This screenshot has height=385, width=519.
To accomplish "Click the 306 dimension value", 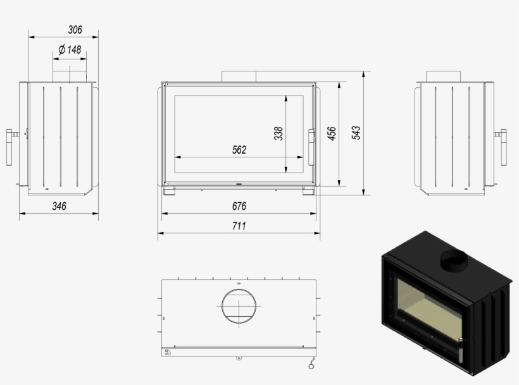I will tap(75, 30).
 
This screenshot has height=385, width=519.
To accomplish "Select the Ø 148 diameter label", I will tap(70, 49).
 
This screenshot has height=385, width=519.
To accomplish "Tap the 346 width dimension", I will tap(59, 206).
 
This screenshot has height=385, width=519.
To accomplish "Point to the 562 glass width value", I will tap(239, 150).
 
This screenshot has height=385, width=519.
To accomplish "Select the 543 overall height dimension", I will tap(356, 133).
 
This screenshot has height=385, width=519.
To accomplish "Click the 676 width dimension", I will tap(239, 206).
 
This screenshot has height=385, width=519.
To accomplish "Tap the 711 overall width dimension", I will tap(239, 226).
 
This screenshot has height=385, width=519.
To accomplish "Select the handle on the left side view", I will tap(11, 146).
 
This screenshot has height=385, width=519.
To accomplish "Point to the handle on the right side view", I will tap(504, 146).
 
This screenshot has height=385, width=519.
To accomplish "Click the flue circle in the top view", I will tap(239, 307).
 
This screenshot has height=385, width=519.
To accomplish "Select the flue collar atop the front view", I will tap(239, 76).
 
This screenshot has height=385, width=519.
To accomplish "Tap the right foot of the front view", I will tap(308, 190).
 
